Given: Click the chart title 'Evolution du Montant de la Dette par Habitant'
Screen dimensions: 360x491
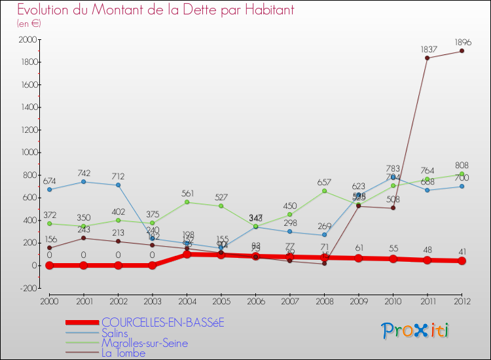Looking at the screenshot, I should (155, 10).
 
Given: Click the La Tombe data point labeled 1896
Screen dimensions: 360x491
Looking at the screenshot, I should (462, 51).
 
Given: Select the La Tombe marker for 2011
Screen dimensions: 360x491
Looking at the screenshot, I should (427, 58).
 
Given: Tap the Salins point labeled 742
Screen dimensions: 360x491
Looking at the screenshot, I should (83, 181).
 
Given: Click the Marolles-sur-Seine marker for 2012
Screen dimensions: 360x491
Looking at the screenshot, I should (462, 174).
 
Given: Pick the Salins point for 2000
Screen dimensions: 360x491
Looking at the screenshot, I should (49, 189).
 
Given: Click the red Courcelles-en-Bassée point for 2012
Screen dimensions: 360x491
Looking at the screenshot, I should (462, 261).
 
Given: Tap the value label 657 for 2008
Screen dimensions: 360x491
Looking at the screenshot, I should (324, 183).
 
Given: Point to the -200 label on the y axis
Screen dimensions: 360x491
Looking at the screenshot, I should (26, 288).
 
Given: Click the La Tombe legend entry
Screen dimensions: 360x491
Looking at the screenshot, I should (123, 353).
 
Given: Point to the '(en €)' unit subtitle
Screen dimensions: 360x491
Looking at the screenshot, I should (29, 24).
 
